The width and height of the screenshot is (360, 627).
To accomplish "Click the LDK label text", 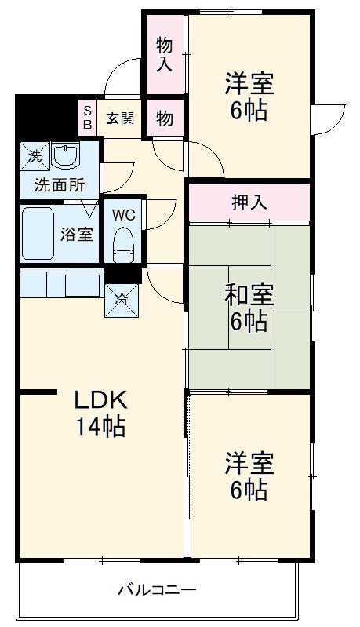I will click(x=100, y=401).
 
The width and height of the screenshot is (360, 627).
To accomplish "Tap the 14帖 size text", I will click(x=100, y=427).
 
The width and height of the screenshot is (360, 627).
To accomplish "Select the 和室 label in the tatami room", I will click(x=249, y=297).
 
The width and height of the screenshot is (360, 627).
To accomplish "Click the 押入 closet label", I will click(x=249, y=202).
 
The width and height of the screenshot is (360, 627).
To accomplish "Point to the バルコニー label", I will click(x=157, y=589).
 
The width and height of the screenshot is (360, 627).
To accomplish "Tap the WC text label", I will click(x=124, y=214).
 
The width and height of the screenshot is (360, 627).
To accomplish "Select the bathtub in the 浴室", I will click(x=38, y=234).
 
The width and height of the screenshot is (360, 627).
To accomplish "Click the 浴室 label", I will click(x=77, y=234).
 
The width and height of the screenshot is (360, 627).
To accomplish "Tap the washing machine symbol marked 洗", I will click(x=35, y=155).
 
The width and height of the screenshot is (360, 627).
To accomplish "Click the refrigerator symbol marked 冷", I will click(x=122, y=297).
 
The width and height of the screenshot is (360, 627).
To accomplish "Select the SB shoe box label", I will click(x=87, y=118).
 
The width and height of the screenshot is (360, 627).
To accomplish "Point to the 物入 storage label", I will click(x=164, y=53).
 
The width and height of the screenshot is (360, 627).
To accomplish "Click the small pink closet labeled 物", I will click(x=164, y=118).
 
